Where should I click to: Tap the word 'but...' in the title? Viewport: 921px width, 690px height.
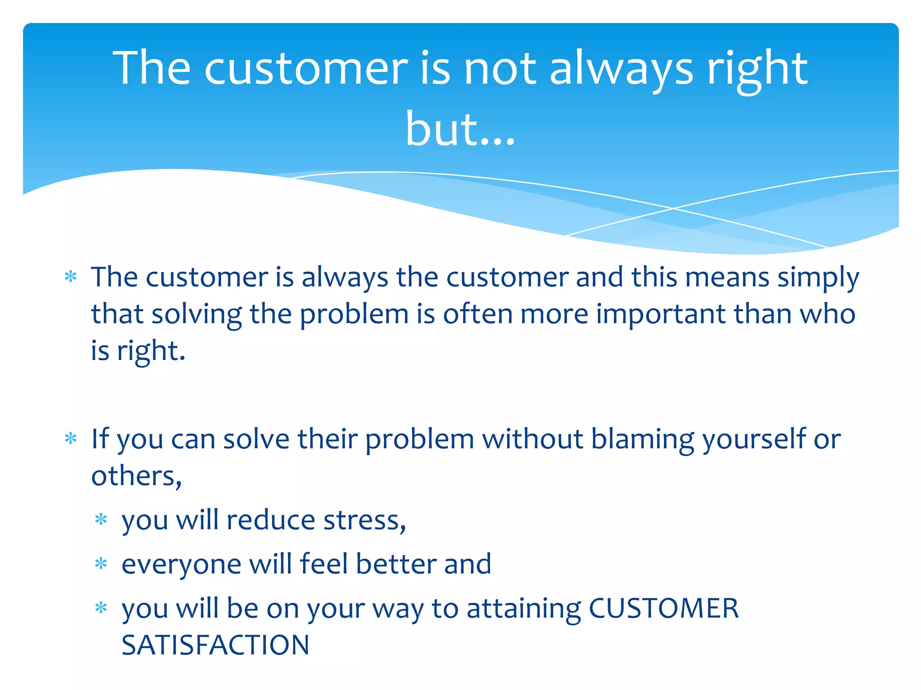[x=460, y=130]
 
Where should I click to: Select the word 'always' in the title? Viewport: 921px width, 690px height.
[x=621, y=70]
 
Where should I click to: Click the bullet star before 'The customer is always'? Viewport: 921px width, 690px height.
[x=71, y=276]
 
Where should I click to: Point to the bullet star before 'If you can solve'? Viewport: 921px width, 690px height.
[x=71, y=438]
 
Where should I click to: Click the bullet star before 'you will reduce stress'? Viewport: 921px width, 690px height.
[x=101, y=520]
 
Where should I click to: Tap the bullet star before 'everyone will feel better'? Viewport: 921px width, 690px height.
[x=101, y=564]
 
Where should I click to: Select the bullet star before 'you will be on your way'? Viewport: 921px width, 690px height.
[x=101, y=608]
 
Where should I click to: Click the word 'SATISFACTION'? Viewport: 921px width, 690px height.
[x=215, y=645]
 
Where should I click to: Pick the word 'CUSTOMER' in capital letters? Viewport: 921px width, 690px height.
[x=663, y=609]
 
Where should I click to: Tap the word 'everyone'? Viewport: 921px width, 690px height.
[x=181, y=565]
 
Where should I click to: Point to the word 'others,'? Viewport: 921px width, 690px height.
[x=136, y=476]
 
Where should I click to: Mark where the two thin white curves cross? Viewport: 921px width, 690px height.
[x=673, y=208]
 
